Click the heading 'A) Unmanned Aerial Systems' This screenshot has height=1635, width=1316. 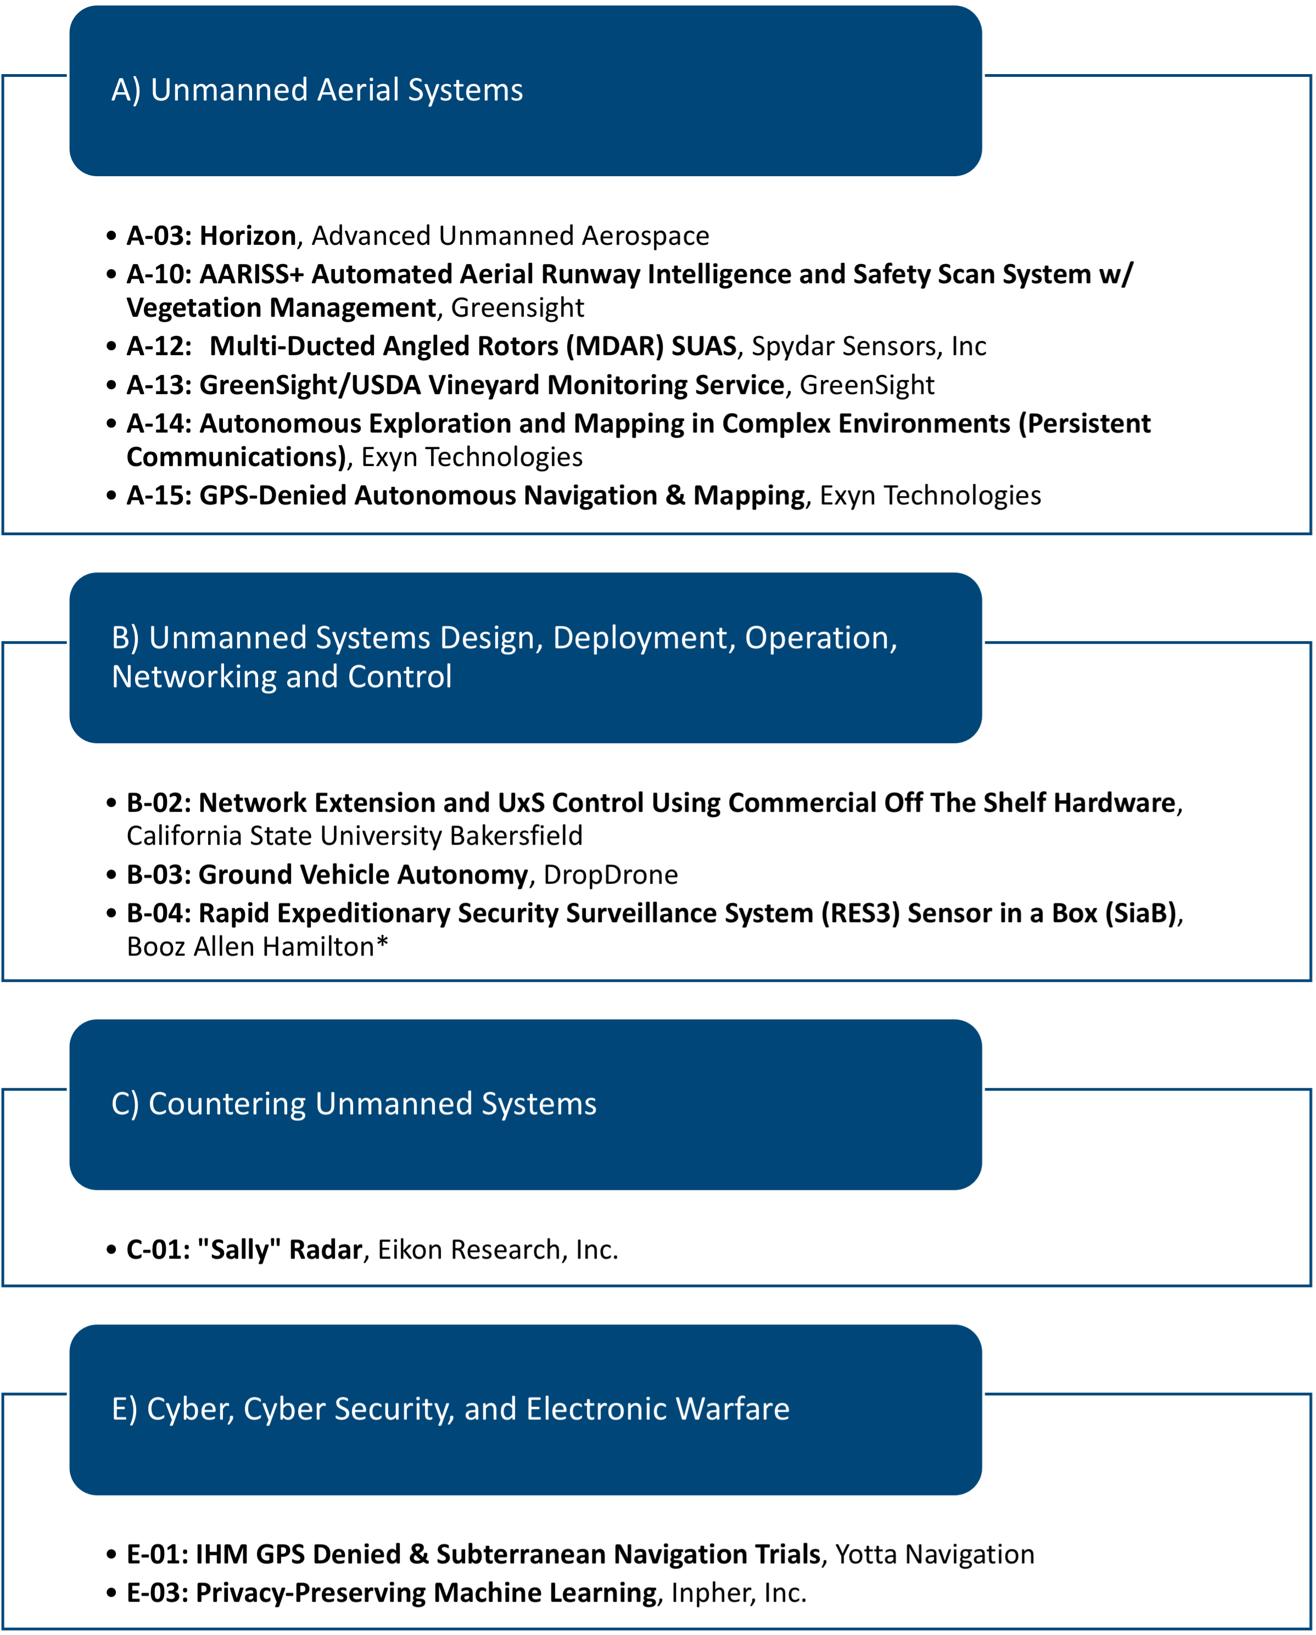coord(317,90)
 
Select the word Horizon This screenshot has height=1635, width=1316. coord(247,236)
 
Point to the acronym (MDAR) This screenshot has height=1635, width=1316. coord(615,346)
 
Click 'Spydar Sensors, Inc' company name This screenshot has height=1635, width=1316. coord(869,346)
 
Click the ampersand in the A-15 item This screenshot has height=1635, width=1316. coord(675,495)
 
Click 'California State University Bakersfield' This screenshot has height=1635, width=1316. coord(354,836)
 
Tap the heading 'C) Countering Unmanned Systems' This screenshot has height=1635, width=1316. coord(354,1104)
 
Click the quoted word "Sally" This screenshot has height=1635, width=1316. coord(238,1250)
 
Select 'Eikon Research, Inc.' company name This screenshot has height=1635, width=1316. coord(497,1250)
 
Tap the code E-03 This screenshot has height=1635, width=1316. coord(158,1593)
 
